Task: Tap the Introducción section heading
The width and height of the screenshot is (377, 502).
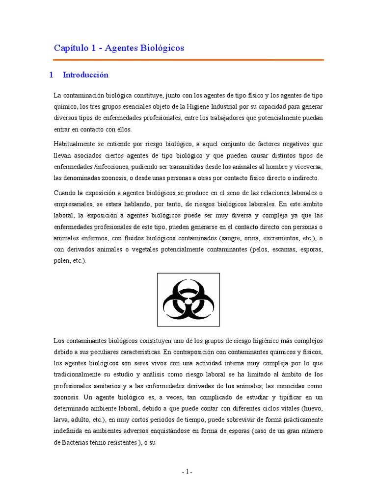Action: (x=85, y=75)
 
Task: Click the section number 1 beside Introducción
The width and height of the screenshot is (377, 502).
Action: (x=51, y=75)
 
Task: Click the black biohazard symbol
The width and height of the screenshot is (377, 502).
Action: (x=188, y=300)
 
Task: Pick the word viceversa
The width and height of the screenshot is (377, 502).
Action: (x=308, y=167)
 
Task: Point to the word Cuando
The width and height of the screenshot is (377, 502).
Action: (x=65, y=192)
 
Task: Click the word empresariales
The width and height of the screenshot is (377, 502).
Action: (x=75, y=203)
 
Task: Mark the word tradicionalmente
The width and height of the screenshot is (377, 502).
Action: (x=80, y=375)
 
